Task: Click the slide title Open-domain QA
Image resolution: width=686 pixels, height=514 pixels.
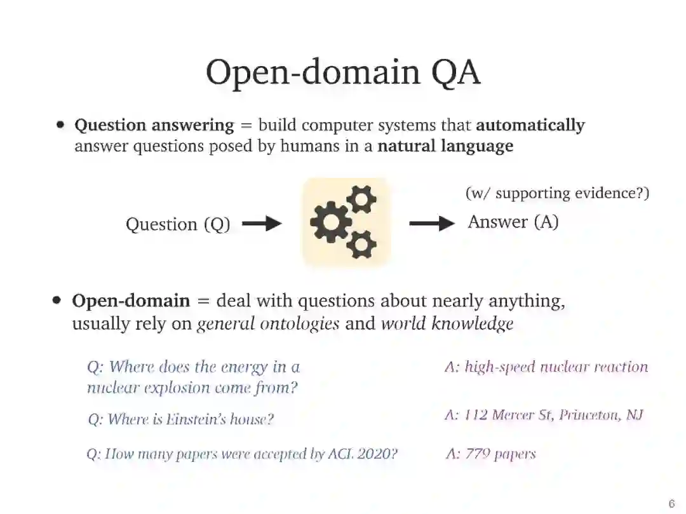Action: click(x=342, y=72)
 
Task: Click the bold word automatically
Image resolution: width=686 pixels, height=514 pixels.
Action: click(x=530, y=125)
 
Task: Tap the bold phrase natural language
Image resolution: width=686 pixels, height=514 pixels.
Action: click(x=445, y=146)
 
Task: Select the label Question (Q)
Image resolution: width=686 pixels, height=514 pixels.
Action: click(x=178, y=224)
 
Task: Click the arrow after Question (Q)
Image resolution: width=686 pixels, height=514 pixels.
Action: click(x=262, y=224)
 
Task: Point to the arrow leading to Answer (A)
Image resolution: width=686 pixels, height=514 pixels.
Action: click(x=432, y=223)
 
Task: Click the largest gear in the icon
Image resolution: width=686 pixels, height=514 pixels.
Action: click(x=331, y=222)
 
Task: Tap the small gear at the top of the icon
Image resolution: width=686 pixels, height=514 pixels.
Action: click(x=361, y=200)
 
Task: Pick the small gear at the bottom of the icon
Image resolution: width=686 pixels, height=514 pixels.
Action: click(x=361, y=243)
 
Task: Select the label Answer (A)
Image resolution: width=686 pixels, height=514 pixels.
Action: click(x=513, y=222)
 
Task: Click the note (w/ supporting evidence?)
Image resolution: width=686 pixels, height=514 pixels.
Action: click(x=557, y=193)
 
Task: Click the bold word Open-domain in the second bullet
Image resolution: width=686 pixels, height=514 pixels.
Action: click(x=131, y=301)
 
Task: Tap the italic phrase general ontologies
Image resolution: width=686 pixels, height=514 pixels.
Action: click(x=268, y=323)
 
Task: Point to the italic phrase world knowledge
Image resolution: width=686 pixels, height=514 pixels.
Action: click(x=447, y=323)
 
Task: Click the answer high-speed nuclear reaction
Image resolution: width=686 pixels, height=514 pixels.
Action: click(x=556, y=367)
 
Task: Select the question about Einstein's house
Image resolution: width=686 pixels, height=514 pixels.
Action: click(x=181, y=419)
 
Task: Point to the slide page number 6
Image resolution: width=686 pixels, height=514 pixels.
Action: click(x=671, y=504)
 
